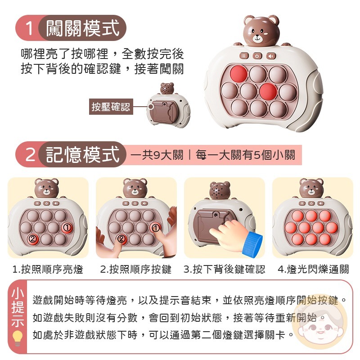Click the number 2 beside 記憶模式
tap(29, 155)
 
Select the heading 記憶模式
tap(83, 155)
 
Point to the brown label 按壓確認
tap(110, 107)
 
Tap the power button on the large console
tap(257, 56)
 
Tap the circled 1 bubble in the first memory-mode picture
tap(67, 228)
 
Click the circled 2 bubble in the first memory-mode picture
tap(32, 239)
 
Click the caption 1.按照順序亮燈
tap(48, 269)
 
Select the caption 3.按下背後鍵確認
tap(224, 269)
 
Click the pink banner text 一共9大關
tap(157, 155)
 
